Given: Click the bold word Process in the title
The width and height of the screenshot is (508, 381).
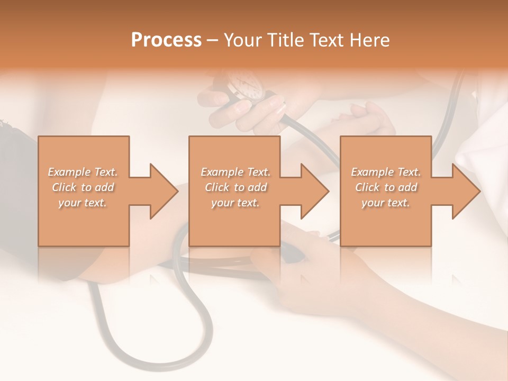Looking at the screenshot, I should tap(166, 40).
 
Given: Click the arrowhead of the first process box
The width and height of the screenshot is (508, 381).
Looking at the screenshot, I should tap(163, 191).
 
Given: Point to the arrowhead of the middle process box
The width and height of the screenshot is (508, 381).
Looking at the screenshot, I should tap(314, 191).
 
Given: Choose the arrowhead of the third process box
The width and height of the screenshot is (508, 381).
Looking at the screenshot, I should tap(465, 191).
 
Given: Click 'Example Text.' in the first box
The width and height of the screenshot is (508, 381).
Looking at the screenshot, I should tap(83, 172).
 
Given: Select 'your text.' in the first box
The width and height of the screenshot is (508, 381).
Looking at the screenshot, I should tap(83, 203).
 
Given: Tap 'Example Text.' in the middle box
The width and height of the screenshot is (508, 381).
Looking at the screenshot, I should tap(235, 172).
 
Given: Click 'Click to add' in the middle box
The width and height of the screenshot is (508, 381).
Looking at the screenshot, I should tap(235, 187).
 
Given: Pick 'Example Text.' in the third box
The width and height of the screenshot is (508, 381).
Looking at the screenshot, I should tap(386, 172).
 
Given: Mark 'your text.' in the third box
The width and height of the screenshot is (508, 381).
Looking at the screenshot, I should tap(386, 203).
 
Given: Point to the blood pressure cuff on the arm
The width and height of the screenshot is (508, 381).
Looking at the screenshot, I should tap(16, 159).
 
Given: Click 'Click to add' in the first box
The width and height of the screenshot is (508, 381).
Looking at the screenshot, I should tap(83, 187).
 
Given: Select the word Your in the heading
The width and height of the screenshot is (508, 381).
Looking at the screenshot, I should tap(241, 40).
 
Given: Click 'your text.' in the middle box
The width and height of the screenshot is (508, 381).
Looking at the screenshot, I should tap(235, 203).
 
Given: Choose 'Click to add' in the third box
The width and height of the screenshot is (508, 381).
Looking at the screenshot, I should tap(386, 187).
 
